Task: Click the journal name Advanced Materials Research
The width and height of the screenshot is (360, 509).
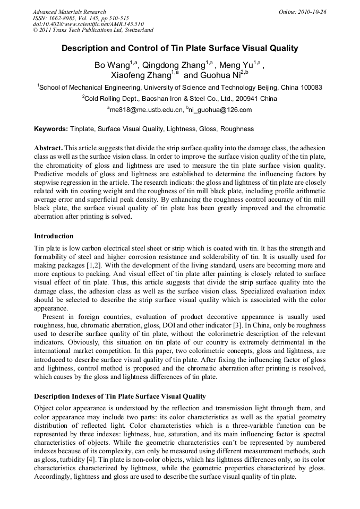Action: click(x=69, y=12)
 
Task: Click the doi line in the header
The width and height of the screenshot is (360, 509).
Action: click(x=88, y=24)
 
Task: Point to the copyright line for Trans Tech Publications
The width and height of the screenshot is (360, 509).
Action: click(x=93, y=31)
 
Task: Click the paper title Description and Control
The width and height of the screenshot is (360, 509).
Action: click(x=180, y=48)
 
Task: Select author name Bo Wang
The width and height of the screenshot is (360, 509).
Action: click(x=112, y=66)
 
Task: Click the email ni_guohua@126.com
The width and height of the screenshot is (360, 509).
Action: click(x=220, y=110)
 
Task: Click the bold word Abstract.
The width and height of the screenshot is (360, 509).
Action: click(x=49, y=148)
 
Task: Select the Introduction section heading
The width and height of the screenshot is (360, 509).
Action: click(x=54, y=236)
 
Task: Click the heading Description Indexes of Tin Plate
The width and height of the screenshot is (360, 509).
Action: click(x=119, y=397)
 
